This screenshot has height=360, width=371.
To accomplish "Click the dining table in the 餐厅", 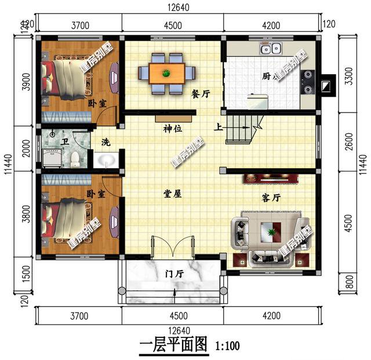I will [x=167, y=73].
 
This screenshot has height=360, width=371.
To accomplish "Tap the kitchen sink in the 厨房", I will [x=272, y=49].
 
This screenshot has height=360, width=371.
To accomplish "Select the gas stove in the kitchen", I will [x=307, y=82].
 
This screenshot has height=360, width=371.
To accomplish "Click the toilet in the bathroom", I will [x=74, y=157].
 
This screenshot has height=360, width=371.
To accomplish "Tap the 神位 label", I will [x=173, y=129].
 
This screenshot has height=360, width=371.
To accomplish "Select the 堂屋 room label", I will [x=173, y=194].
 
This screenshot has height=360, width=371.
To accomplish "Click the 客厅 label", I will [x=271, y=198].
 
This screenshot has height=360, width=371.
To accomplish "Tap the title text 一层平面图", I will [x=173, y=346].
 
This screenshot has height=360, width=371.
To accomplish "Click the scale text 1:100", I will [x=227, y=347].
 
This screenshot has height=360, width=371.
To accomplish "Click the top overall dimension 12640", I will [x=180, y=7].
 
